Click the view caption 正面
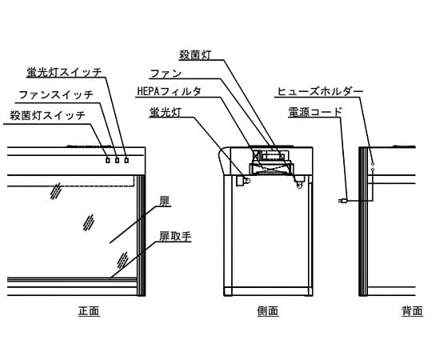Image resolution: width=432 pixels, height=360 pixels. (89, 311)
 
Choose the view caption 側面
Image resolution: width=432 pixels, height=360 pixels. (268, 311)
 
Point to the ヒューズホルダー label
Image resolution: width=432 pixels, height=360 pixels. (320, 92)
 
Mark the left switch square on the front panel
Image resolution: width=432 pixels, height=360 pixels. (108, 160)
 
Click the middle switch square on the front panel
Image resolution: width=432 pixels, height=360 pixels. (117, 160)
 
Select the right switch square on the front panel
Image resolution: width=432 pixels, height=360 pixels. (126, 160)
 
